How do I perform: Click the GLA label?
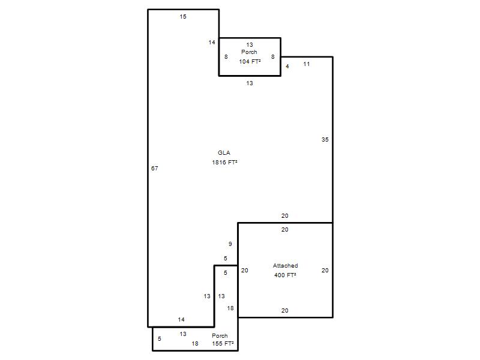coord(224,153)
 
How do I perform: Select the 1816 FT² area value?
coord(224,162)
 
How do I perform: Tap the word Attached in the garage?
coord(286,265)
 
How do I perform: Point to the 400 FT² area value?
coord(285,275)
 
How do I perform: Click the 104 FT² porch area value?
coord(250,61)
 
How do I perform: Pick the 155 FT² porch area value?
coord(223,343)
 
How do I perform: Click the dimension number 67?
coord(155,168)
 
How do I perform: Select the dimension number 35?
coord(325,139)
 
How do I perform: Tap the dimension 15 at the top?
coord(183,17)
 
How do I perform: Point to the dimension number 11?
coord(307,64)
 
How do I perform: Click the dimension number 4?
coord(287,66)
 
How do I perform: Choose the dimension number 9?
coord(230,244)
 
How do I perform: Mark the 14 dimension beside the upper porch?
coord(212,42)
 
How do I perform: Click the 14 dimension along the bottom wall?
coord(181,320)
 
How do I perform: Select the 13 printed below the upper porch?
coord(250,83)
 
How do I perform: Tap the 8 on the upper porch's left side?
coord(226,56)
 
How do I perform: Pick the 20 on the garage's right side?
coord(325,271)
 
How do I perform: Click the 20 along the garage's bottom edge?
coord(284,310)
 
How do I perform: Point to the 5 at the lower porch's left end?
coord(160,338)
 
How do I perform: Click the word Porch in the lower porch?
coord(220,335)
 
